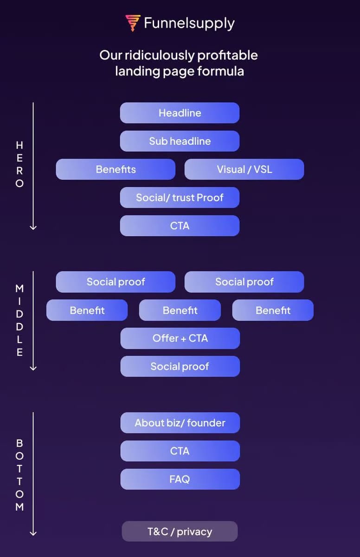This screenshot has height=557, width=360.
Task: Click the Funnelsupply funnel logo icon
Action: tap(133, 23)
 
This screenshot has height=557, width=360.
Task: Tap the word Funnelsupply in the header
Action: tap(189, 23)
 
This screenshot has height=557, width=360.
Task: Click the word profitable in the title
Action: tap(227, 55)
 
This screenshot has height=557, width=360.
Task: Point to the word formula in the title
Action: tap(221, 71)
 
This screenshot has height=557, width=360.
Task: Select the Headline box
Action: tap(180, 113)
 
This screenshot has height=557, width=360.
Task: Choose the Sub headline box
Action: tap(180, 141)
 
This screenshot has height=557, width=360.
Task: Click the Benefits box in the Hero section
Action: tap(116, 169)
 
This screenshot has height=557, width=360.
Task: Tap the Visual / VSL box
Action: tap(244, 169)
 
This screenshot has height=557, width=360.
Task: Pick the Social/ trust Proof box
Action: tap(180, 198)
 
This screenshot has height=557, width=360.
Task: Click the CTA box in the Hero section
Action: tap(180, 226)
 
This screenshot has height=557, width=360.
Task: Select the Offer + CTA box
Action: tap(180, 338)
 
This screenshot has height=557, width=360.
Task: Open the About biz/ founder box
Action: tap(180, 423)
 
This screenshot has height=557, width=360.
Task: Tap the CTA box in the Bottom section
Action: tap(180, 451)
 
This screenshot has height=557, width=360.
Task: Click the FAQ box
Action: tap(180, 479)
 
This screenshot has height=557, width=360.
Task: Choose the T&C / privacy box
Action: tap(180, 531)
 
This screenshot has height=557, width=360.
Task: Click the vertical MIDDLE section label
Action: tap(19, 320)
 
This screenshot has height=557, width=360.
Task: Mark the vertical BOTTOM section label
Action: tap(19, 475)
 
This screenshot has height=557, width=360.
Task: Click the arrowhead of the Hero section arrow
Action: tap(33, 227)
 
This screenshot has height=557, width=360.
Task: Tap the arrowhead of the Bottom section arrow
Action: tap(33, 534)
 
